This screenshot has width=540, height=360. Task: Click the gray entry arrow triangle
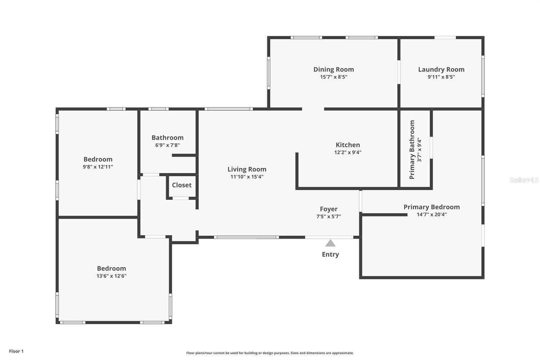pyautogui.click(x=330, y=243)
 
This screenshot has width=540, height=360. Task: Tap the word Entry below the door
pyautogui.click(x=330, y=254)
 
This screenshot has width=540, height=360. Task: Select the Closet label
pyautogui.click(x=182, y=185)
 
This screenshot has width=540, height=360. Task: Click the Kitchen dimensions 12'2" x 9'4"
pyautogui.click(x=348, y=152)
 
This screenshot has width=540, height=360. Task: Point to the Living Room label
pyautogui.click(x=247, y=169)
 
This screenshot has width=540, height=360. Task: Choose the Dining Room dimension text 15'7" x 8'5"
pyautogui.click(x=333, y=77)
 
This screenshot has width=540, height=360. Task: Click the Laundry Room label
pyautogui.click(x=441, y=69)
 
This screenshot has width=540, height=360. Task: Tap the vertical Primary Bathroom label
pyautogui.click(x=412, y=150)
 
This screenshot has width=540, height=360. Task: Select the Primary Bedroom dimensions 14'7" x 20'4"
pyautogui.click(x=431, y=214)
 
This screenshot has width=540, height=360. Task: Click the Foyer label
pyautogui.click(x=328, y=209)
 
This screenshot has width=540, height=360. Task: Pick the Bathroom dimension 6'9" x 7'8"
pyautogui.click(x=167, y=145)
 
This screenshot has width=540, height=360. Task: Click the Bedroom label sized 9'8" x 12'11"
pyautogui.click(x=98, y=159)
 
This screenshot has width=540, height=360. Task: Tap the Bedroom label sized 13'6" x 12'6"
pyautogui.click(x=111, y=268)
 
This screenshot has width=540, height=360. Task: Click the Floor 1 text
pyautogui.click(x=16, y=351)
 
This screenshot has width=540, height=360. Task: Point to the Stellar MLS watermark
pyautogui.click(x=524, y=180)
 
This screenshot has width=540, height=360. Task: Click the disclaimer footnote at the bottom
pyautogui.click(x=270, y=353)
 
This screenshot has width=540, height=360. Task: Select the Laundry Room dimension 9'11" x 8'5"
pyautogui.click(x=441, y=77)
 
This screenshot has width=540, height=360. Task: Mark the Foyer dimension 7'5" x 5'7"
pyautogui.click(x=328, y=216)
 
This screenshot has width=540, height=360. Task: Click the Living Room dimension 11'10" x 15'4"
pyautogui.click(x=247, y=177)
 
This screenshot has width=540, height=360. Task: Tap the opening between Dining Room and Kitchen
pyautogui.click(x=313, y=109)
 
